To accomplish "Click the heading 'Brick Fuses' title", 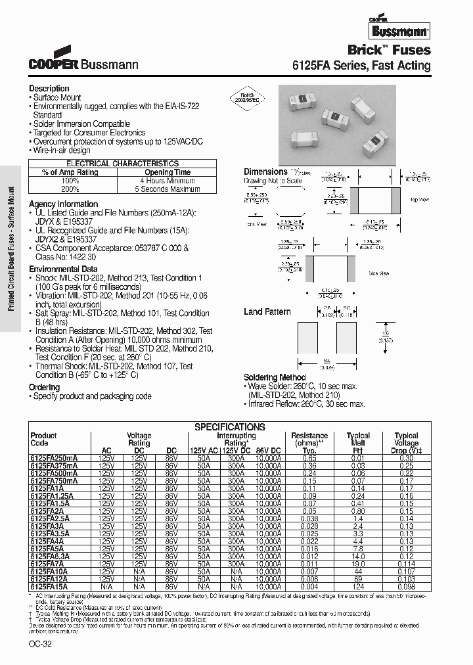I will coord(389,50).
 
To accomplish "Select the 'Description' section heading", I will coord(49,88).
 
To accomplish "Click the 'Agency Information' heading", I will coord(63,204).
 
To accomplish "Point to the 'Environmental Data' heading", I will coord(66,269).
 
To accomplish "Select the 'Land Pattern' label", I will coord(267,311).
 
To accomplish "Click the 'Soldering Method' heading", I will coord(275,377).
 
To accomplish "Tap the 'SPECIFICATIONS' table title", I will coord(229,426).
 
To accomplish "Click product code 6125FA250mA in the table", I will coord(54,457).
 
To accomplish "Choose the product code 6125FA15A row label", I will coord(49,585).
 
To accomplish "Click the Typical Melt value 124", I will coord(359,585).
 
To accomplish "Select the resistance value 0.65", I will coord(291,457).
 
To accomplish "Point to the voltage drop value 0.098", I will coord(406,585).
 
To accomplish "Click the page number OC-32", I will coord(41,644).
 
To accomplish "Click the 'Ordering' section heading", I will coord(44,387).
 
